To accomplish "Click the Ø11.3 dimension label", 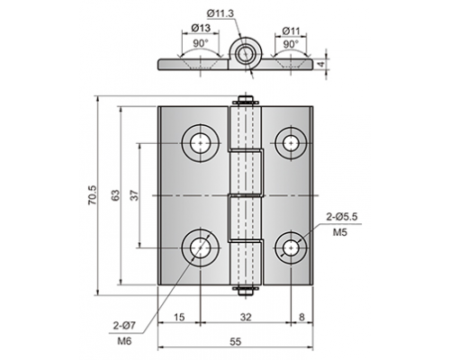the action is pos(220,13).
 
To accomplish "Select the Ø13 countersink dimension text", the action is pos(201,28).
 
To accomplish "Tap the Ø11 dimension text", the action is pos(291,31).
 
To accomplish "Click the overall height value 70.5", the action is pos(92,195).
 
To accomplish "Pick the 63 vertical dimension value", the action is pos(115,195).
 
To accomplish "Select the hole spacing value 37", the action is pos(134,195).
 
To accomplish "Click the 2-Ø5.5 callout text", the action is pos(342,217).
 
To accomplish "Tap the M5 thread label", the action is pos(340,232).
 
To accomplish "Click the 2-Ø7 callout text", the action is pos(124,325).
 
